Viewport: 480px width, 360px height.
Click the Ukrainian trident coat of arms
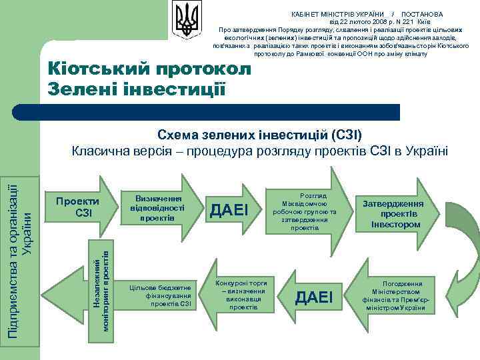(186, 20)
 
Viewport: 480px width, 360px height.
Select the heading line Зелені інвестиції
(137, 88)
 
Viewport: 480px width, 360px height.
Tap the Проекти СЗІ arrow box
(77, 207)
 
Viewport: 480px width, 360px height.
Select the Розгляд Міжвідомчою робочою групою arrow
(309, 208)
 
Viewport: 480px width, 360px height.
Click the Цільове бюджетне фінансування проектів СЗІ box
(159, 291)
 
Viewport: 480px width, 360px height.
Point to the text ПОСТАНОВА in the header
(423, 14)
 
